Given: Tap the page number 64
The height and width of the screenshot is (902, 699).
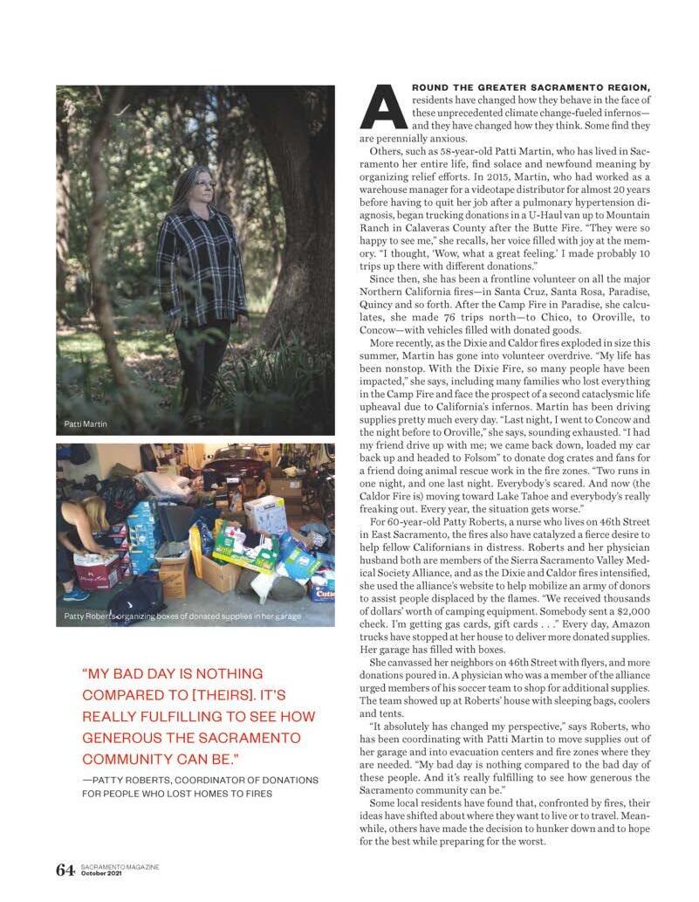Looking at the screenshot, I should pyautogui.click(x=65, y=870).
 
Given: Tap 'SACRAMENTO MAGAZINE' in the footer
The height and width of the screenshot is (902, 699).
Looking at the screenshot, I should pyautogui.click(x=120, y=867).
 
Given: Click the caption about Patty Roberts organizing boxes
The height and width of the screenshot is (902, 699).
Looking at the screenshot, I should pyautogui.click(x=183, y=616).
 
